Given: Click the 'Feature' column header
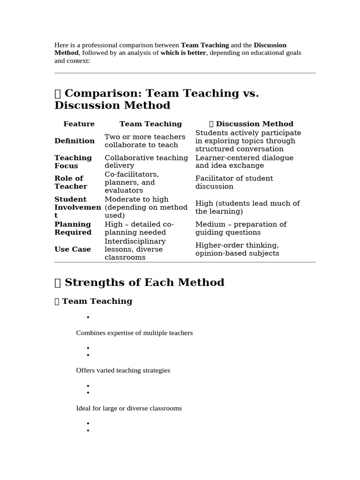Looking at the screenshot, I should (79, 124).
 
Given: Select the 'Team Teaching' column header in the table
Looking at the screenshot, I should (150, 124).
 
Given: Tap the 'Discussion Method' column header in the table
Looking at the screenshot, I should (254, 124).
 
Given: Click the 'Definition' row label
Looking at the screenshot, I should (75, 141).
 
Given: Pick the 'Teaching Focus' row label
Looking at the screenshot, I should (73, 162).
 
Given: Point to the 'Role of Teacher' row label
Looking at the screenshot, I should (71, 182).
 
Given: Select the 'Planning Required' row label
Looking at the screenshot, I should (73, 228).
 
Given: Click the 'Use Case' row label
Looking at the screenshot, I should (73, 249).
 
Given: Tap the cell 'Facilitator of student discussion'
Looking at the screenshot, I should (234, 182).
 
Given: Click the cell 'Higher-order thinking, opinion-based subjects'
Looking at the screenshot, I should (237, 249).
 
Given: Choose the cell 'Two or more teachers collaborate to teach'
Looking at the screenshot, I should (145, 141).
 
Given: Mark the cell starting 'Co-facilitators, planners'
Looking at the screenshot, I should (132, 182).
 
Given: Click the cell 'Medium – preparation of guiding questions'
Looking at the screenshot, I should (240, 228).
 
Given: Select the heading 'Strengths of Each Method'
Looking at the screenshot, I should (144, 283).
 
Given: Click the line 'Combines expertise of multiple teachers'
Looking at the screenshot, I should (135, 333).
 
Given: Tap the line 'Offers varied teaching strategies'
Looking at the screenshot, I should (123, 370).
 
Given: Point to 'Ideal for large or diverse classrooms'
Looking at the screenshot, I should (129, 408).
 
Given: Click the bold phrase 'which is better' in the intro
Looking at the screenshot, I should (184, 53).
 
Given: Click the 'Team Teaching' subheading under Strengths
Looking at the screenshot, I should (97, 301).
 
